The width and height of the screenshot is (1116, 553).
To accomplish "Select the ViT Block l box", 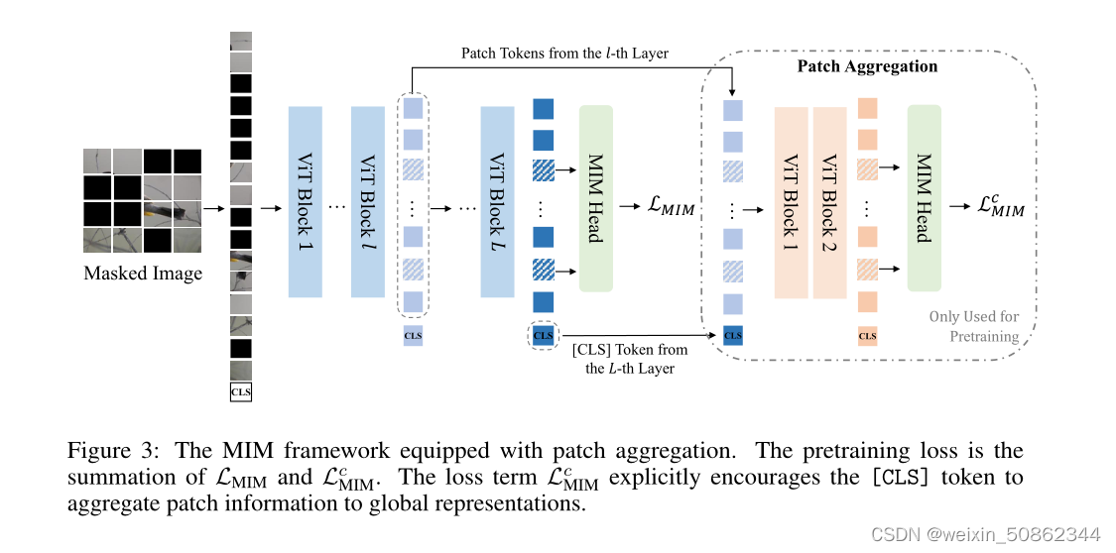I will point(367,201).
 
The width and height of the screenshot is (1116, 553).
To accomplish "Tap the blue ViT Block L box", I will point(497,201).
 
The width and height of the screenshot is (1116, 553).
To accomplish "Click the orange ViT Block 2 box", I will point(829,202).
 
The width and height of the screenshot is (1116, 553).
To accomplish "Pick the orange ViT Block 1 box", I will point(792,202).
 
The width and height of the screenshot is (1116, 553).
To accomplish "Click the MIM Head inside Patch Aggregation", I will point(924,197).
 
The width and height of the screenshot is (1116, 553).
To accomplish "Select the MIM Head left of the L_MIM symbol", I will point(596,198).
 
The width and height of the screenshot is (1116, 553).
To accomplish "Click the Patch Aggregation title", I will point(867,66).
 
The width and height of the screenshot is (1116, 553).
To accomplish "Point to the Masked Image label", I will point(143,274).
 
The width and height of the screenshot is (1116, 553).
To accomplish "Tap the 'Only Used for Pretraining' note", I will point(973,326).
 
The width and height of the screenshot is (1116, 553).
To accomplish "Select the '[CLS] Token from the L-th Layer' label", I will point(629,358).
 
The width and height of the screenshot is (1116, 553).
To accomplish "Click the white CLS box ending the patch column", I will point(241,392).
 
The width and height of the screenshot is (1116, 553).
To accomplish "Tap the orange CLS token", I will point(867,336).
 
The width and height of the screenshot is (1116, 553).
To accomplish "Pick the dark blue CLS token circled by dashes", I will point(543,335).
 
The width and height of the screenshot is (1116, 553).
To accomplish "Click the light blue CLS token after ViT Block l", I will point(413,336).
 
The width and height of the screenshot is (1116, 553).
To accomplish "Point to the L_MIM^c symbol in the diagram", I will point(1001,206).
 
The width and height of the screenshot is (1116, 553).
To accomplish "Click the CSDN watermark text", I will point(985,533).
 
